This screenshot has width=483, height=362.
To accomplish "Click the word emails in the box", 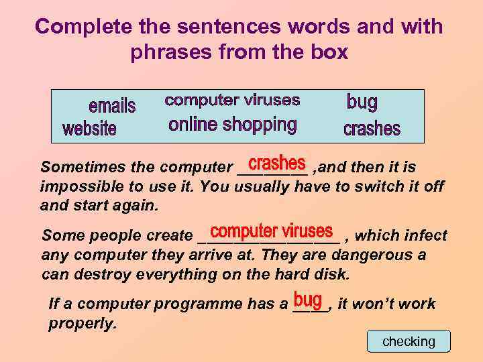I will [112, 106].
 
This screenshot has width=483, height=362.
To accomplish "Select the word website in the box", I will [89, 128].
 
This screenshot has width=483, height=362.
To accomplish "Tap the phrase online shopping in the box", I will [232, 124].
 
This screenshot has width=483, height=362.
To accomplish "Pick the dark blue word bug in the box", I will [362, 103].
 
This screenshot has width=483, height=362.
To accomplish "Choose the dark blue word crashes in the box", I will [372, 128].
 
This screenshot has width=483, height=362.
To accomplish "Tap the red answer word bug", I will [308, 299].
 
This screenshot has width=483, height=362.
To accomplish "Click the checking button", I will [409, 341].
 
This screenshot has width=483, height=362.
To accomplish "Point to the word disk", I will [334, 274].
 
